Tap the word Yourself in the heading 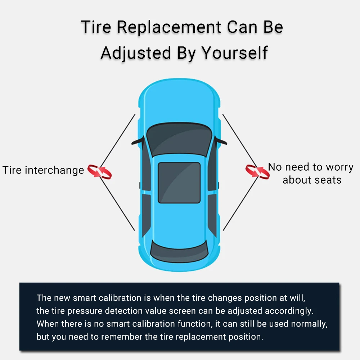point(234,53)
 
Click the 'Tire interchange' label point(43,170)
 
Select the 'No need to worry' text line point(311,167)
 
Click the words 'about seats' point(312,180)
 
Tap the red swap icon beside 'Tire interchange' point(100,171)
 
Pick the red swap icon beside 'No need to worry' point(257,171)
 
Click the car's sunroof point(179,183)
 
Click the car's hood point(179,104)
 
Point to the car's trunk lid point(179,266)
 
